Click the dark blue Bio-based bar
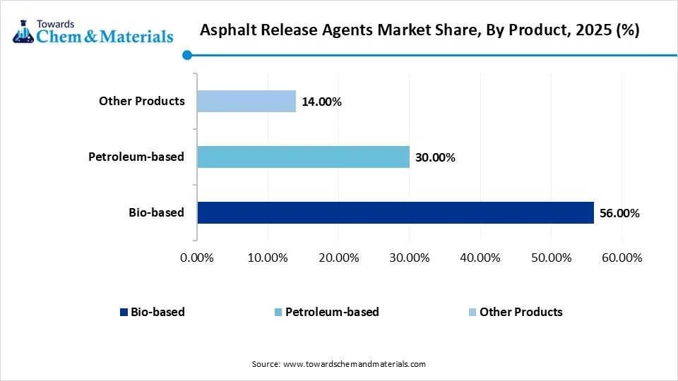click(x=395, y=212)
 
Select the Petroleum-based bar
click(x=303, y=157)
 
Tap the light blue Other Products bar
click(x=246, y=101)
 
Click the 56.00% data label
click(x=619, y=213)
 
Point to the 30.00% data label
click(x=435, y=157)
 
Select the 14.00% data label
click(x=321, y=102)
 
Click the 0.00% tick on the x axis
click(x=197, y=258)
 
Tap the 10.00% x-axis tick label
click(x=268, y=258)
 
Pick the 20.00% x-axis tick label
click(x=338, y=258)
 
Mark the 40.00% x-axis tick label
click(x=480, y=258)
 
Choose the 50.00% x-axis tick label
click(x=550, y=258)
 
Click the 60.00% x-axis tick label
click(x=621, y=258)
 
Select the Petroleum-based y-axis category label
click(x=136, y=157)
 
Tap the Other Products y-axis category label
click(x=141, y=101)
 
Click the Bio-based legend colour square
click(x=124, y=312)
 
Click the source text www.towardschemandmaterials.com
click(x=354, y=364)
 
